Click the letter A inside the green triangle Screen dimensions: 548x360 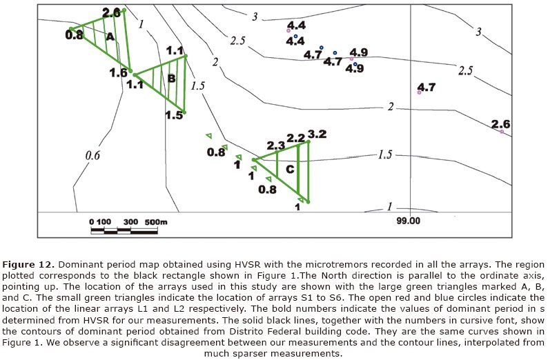tap(109, 38)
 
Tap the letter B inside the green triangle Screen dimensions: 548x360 tap(171, 79)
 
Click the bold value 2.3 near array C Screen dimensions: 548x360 tap(275, 146)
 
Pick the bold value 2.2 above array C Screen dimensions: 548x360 tap(295, 139)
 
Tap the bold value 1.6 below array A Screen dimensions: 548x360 tap(118, 72)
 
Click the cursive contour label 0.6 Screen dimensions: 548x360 tap(92, 156)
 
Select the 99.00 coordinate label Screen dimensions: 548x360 tap(409, 221)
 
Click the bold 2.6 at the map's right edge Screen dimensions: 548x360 tap(501, 123)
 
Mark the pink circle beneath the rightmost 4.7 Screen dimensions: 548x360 tap(420, 92)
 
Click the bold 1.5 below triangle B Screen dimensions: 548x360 tap(175, 115)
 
